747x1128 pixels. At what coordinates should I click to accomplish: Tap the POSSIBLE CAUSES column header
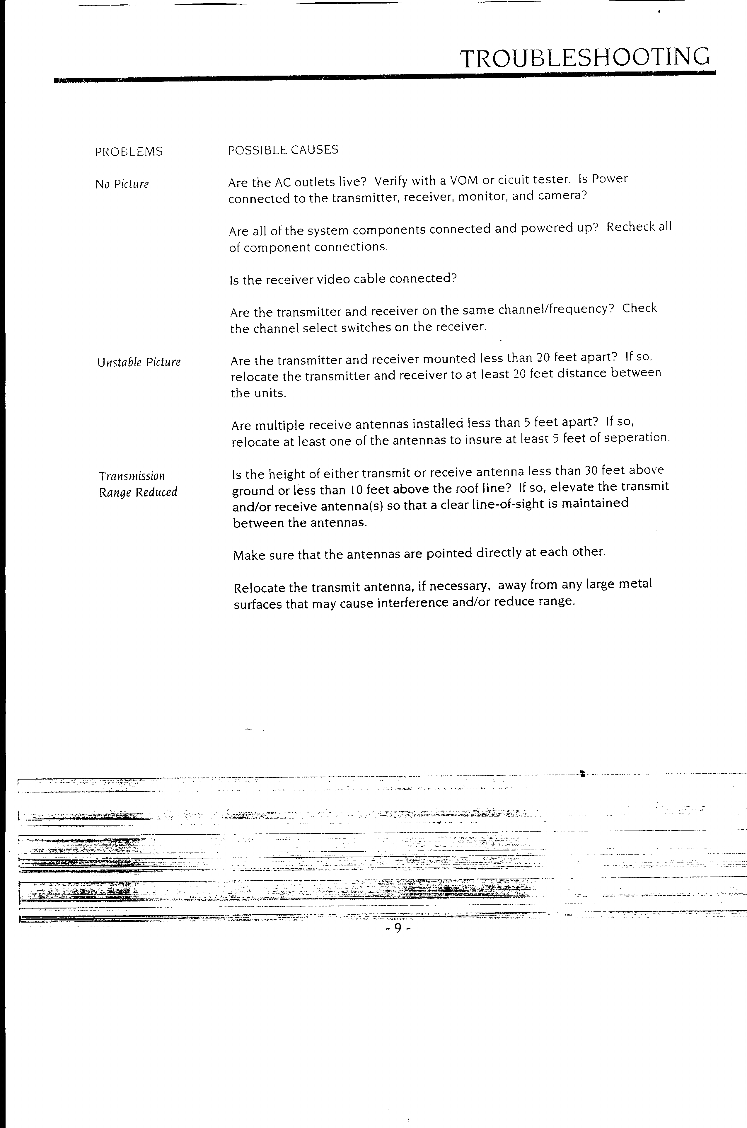point(283,150)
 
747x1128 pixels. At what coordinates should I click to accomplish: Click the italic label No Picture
point(122,184)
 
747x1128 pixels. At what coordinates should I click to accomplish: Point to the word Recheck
point(630,227)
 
